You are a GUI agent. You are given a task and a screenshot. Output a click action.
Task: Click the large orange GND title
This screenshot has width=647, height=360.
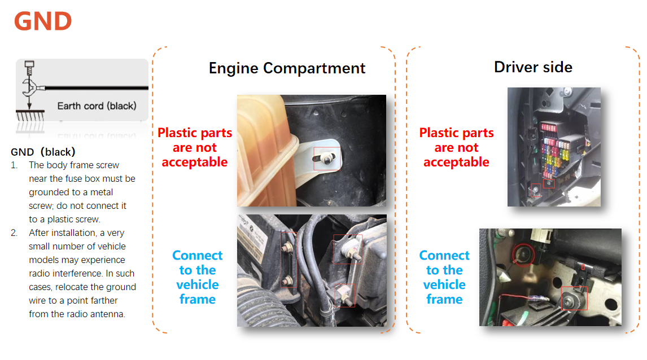coord(43,21)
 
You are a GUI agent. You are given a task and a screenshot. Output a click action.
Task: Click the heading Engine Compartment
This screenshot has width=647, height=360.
coord(287,68)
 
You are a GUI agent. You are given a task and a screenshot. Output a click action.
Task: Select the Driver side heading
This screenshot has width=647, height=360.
coord(533,67)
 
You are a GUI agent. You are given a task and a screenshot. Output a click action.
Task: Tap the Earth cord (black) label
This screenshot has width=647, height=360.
coord(97,106)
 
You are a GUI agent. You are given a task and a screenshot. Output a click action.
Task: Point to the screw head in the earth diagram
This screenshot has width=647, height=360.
coord(29,64)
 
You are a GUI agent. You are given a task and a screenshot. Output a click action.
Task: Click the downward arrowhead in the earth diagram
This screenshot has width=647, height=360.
coord(29,106)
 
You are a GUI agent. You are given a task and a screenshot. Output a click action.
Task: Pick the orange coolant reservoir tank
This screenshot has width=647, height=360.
coord(266,151)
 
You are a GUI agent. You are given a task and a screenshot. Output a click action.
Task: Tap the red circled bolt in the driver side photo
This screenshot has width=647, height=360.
coord(523,254)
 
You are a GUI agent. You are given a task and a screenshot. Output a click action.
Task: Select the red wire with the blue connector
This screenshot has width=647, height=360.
coord(524,298)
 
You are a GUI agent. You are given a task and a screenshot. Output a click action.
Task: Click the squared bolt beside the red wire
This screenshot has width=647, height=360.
coord(574,298)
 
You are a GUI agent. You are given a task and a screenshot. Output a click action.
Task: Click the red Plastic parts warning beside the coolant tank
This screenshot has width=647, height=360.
coord(195,147)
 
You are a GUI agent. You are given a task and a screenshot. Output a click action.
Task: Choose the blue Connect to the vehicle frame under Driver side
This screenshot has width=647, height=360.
coord(444,277)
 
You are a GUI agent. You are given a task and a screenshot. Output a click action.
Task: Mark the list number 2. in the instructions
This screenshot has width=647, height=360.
coord(14,233)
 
